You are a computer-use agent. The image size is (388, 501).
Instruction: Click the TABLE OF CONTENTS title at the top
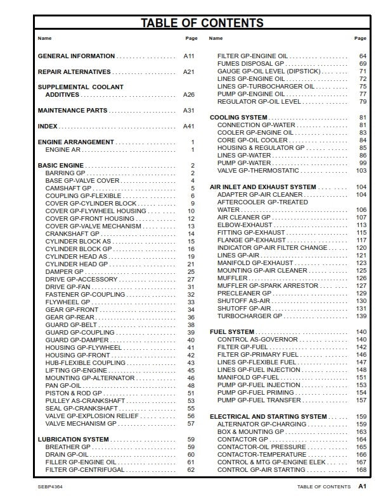coord(202,23)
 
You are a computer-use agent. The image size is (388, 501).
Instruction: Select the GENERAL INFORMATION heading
coord(76,56)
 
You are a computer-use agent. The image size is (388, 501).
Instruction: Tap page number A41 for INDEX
coord(188,127)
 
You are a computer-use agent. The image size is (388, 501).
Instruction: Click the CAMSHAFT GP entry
coord(68,188)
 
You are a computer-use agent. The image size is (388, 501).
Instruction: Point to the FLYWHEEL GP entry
coord(68,302)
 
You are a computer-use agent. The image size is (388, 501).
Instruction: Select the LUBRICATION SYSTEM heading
coord(73,439)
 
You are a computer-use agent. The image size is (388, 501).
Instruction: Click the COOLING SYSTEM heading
coord(238,118)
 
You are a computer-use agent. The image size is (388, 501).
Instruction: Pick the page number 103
coord(361,171)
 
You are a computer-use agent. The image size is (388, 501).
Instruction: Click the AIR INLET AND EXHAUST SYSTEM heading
coord(262,187)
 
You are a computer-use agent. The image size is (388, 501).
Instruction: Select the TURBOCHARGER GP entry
coord(250,316)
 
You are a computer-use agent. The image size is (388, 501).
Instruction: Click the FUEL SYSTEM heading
coord(232,332)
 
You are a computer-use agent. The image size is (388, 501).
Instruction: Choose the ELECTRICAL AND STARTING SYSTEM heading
coord(268,417)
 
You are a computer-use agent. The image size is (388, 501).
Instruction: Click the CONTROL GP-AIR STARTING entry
coord(261,470)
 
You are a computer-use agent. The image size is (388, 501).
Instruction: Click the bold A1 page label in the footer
coord(362,487)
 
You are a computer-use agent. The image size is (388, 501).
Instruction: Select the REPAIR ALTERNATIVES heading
coord(74,72)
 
